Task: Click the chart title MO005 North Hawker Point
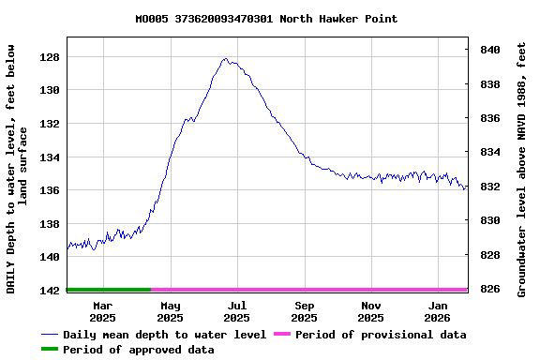pyautogui.click(x=266, y=19)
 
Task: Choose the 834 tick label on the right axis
pyautogui.click(x=490, y=152)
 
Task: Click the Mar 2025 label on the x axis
pyautogui.click(x=102, y=311)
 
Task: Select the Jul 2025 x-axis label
pyautogui.click(x=237, y=311)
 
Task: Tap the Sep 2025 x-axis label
pyautogui.click(x=305, y=311)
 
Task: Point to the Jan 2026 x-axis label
pyautogui.click(x=439, y=311)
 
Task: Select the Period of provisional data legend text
pyautogui.click(x=381, y=335)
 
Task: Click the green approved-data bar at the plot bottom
pyautogui.click(x=109, y=290)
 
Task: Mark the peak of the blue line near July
pyautogui.click(x=225, y=59)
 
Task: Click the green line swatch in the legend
pyautogui.click(x=49, y=350)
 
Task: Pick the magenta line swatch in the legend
pyautogui.click(x=281, y=335)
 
